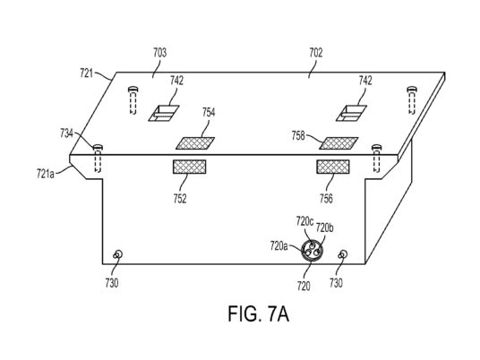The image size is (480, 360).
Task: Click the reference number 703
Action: (x=159, y=53)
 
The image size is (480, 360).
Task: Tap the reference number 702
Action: (x=316, y=53)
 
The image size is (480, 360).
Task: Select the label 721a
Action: (x=46, y=174)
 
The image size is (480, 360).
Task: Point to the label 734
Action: (x=66, y=133)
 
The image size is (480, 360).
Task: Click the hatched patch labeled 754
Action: (x=195, y=143)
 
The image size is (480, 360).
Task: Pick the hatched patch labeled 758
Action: (x=339, y=143)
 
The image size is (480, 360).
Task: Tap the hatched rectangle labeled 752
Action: (x=190, y=167)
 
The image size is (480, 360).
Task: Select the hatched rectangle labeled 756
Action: (x=333, y=167)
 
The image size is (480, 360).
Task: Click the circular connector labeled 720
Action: (x=312, y=251)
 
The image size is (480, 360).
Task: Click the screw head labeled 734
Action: (x=98, y=147)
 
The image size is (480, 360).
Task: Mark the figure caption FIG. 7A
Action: (x=259, y=313)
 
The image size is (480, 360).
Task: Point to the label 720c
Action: (x=304, y=221)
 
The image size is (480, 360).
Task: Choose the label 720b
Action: (x=324, y=227)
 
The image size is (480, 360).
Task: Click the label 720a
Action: (x=279, y=245)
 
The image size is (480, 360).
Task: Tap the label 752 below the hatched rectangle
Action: (x=180, y=199)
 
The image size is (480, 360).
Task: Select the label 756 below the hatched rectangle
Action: (x=326, y=199)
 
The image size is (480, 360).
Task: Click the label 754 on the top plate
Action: (x=209, y=112)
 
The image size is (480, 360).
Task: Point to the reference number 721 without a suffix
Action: (x=86, y=73)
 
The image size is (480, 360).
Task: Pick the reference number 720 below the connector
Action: (x=304, y=287)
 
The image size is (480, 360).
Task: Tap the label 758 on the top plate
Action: (x=298, y=135)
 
